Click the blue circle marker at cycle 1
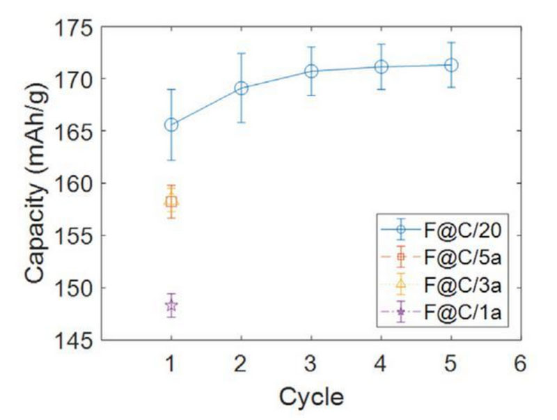tap(171, 125)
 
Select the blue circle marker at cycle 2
tap(242, 88)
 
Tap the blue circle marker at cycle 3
tap(311, 71)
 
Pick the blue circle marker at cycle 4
tap(381, 67)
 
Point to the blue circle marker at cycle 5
tap(451, 65)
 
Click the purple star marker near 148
tap(171, 305)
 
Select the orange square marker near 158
tap(171, 201)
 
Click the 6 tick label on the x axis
tap(520, 363)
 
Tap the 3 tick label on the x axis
tap(311, 363)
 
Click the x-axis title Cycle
tap(311, 397)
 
